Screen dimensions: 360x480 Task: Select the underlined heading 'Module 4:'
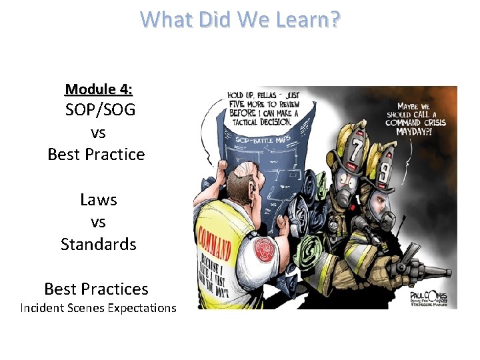pyautogui.click(x=98, y=89)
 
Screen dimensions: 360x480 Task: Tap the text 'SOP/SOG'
pyautogui.click(x=99, y=110)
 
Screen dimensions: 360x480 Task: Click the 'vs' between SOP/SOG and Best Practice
pyautogui.click(x=98, y=132)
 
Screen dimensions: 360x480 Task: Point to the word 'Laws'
pyautogui.click(x=98, y=199)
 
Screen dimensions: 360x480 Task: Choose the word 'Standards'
pyautogui.click(x=98, y=244)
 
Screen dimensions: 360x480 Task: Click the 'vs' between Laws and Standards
pyautogui.click(x=98, y=222)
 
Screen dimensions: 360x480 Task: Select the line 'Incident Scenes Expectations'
pyautogui.click(x=98, y=307)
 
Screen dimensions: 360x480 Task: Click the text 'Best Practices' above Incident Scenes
pyautogui.click(x=96, y=289)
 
